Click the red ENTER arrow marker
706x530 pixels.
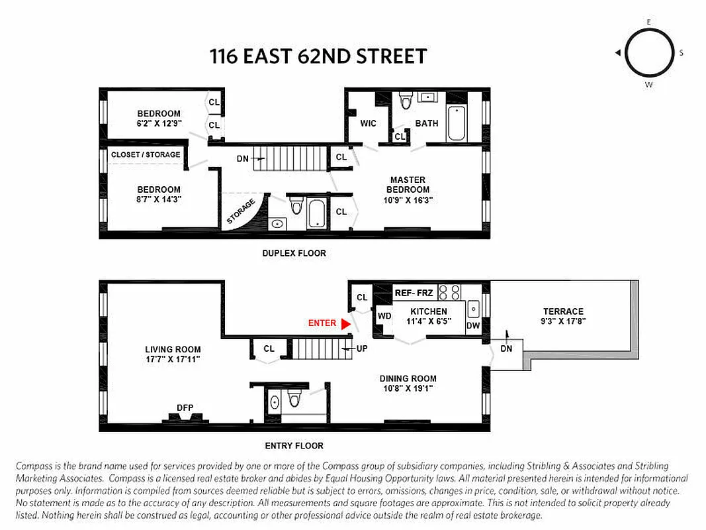click(345, 324)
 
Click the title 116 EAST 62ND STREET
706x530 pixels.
click(318, 56)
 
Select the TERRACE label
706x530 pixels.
click(563, 311)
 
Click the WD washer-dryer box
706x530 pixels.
click(384, 316)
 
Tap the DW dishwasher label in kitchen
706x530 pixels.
click(472, 325)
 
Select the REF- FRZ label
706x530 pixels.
click(413, 292)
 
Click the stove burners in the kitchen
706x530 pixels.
click(449, 291)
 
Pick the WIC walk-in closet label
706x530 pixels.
click(368, 124)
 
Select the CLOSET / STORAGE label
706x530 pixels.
click(146, 155)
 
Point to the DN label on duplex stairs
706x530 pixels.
click(242, 159)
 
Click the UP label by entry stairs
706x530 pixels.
click(361, 348)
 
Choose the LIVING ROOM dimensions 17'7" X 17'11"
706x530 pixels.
click(173, 359)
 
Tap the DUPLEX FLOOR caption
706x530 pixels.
click(294, 253)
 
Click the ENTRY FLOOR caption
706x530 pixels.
click(294, 446)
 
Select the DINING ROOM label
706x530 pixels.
click(408, 379)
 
